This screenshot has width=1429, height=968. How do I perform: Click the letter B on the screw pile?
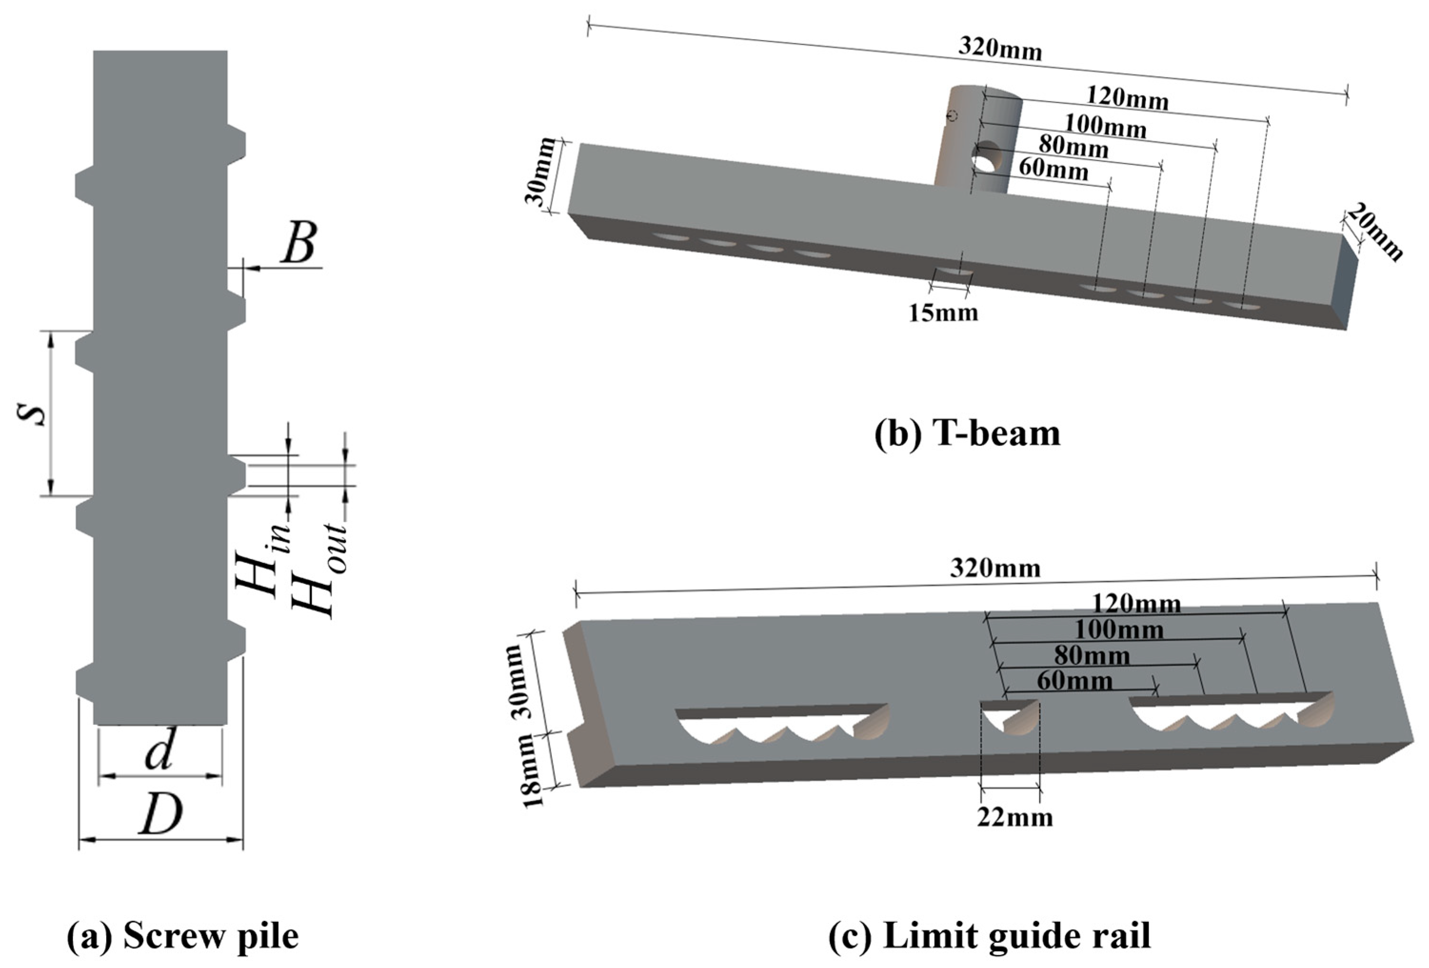coord(299,243)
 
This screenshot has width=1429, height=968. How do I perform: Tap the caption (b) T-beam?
coord(967,434)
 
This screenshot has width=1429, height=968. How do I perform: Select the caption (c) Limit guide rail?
coord(989,936)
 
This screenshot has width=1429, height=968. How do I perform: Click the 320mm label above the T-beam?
coord(1000,49)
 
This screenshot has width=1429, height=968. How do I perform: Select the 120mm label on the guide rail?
coord(1136,604)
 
